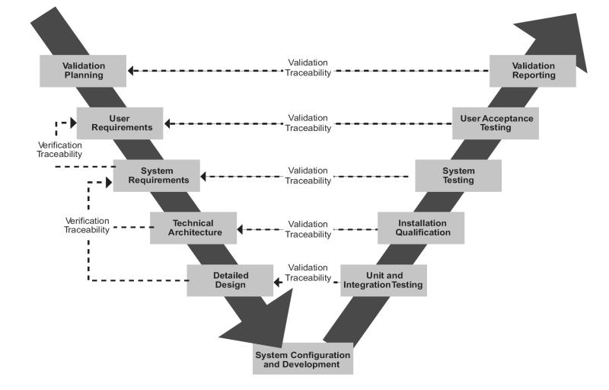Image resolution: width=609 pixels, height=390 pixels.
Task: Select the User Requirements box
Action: (x=120, y=123)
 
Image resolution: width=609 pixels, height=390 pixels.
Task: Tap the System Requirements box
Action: (x=157, y=175)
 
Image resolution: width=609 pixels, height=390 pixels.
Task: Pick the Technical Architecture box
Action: (x=193, y=228)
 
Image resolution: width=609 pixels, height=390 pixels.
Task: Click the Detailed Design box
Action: (x=230, y=280)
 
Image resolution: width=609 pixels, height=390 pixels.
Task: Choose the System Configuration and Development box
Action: (x=303, y=360)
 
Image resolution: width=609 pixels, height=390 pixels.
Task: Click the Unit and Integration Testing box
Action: (x=383, y=280)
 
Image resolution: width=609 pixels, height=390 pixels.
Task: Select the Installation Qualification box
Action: (x=421, y=228)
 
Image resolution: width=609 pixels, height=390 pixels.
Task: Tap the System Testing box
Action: (x=458, y=175)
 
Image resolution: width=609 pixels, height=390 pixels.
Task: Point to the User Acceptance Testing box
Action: (x=496, y=123)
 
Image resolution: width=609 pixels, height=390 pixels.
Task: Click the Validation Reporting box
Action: (x=533, y=71)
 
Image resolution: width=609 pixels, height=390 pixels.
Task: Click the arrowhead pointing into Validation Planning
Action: (x=132, y=71)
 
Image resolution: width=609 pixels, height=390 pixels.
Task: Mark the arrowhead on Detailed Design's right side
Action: (x=278, y=283)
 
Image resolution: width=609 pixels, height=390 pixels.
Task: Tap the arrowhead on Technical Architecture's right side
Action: (x=241, y=229)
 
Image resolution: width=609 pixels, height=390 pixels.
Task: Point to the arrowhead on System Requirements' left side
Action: (x=110, y=182)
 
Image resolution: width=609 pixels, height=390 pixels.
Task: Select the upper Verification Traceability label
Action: (x=59, y=149)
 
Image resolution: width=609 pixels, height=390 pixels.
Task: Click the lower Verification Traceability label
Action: (x=86, y=225)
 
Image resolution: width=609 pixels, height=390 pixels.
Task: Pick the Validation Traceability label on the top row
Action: (x=308, y=66)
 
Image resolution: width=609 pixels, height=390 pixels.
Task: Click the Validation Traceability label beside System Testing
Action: (x=308, y=176)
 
